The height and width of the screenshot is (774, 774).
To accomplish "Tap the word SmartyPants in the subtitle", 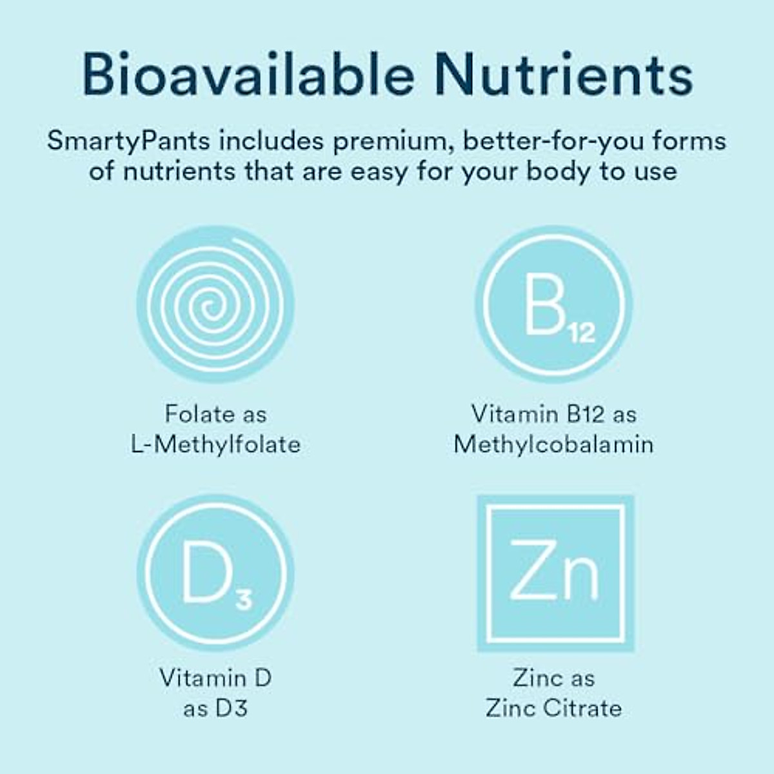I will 128,141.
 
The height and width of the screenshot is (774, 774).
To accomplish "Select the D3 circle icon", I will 215,573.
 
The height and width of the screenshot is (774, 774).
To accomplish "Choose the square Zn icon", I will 555,573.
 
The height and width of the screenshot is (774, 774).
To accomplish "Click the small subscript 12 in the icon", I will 581,333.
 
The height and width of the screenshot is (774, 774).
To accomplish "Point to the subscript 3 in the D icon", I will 243,600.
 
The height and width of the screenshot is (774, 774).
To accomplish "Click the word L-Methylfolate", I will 215,444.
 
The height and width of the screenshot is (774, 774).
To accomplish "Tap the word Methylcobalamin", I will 553,444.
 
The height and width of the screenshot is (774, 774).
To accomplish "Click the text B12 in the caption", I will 586,414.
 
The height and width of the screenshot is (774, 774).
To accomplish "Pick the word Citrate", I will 582,708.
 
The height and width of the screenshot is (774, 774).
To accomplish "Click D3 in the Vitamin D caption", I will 232,709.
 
